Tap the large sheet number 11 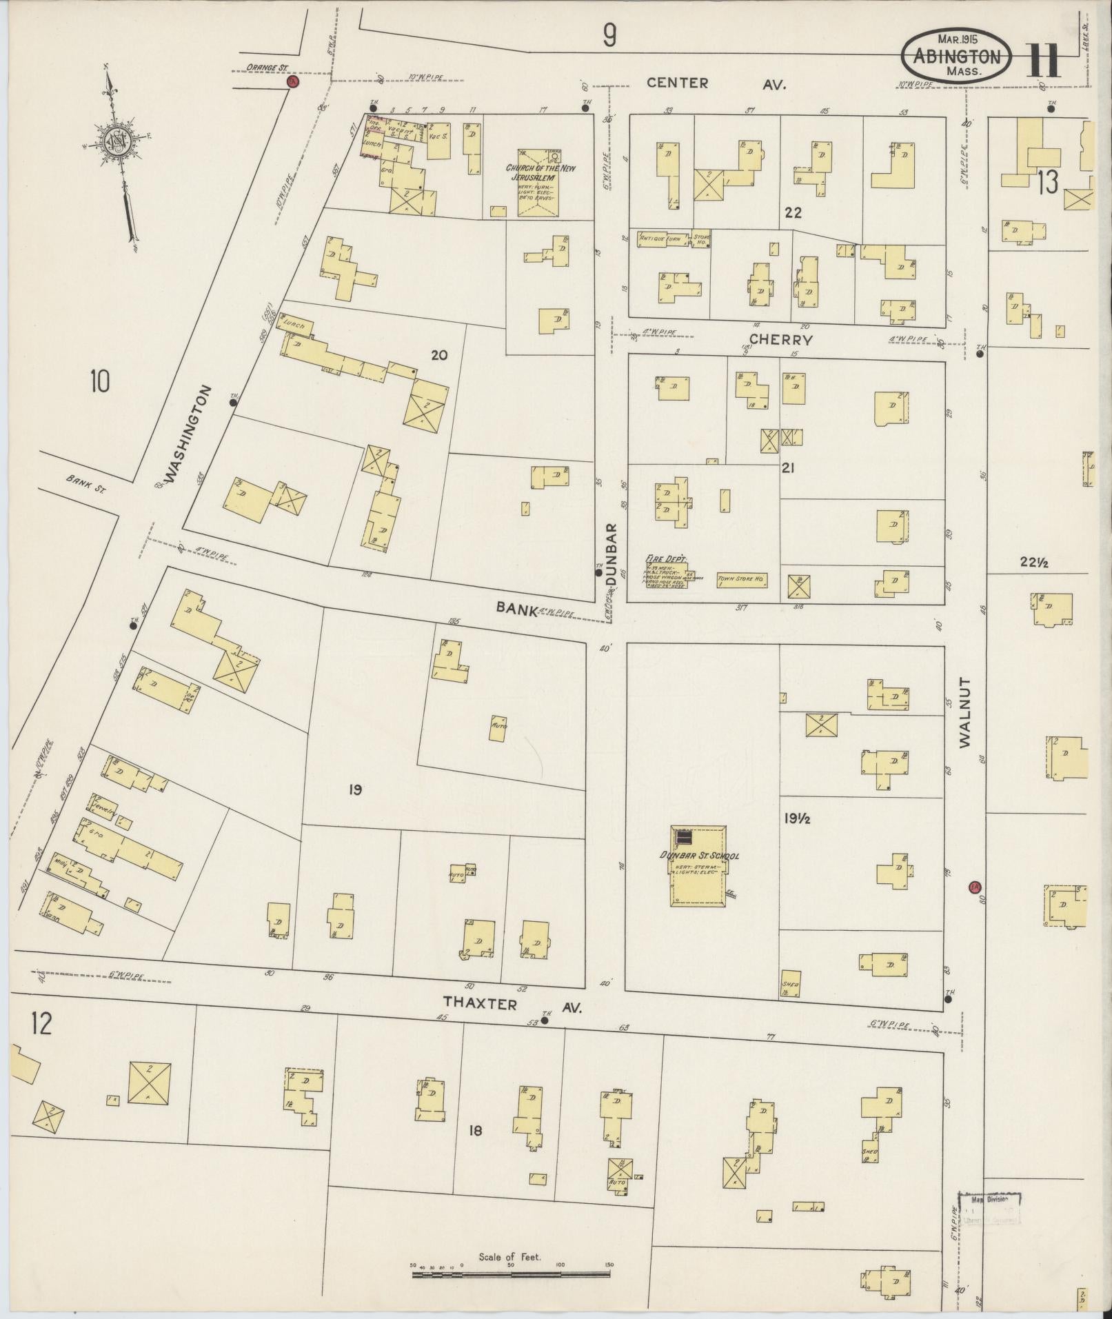[x=1044, y=61]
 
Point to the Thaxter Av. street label [x=512, y=1005]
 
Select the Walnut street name [x=964, y=712]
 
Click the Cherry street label [x=780, y=339]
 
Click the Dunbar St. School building [x=698, y=866]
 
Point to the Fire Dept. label [x=665, y=559]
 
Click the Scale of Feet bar [x=511, y=1274]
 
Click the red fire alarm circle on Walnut [x=975, y=887]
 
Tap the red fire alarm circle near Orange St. [x=292, y=82]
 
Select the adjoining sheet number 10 [x=99, y=381]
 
